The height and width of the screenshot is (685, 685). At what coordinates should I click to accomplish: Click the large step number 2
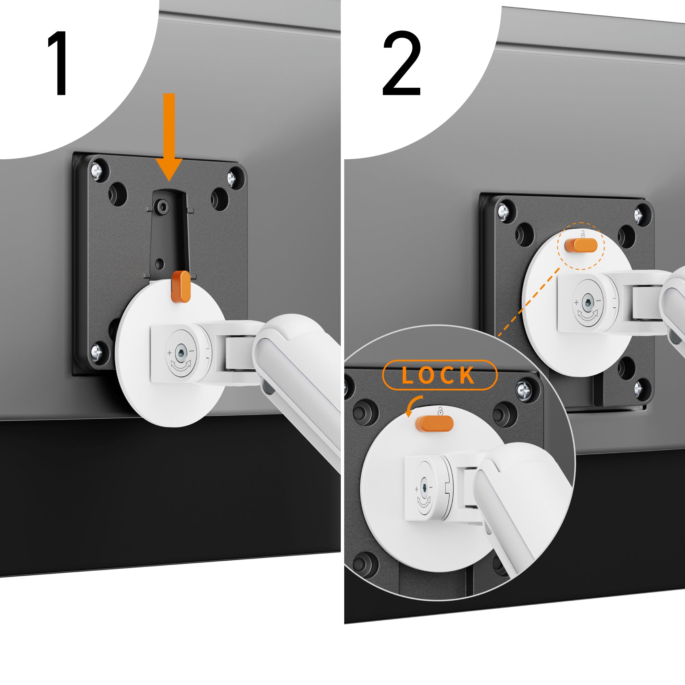(x=402, y=63)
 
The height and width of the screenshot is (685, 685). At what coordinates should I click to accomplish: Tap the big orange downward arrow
(x=169, y=137)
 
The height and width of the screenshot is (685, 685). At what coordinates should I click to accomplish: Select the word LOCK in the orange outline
(x=439, y=375)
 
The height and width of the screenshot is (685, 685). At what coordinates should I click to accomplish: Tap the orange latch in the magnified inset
(x=436, y=424)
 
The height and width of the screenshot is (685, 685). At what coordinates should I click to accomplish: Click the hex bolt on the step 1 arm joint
(x=181, y=353)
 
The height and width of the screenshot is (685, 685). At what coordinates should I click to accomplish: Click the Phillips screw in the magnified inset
(x=523, y=391)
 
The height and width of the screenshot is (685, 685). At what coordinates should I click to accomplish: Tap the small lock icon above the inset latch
(x=440, y=412)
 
